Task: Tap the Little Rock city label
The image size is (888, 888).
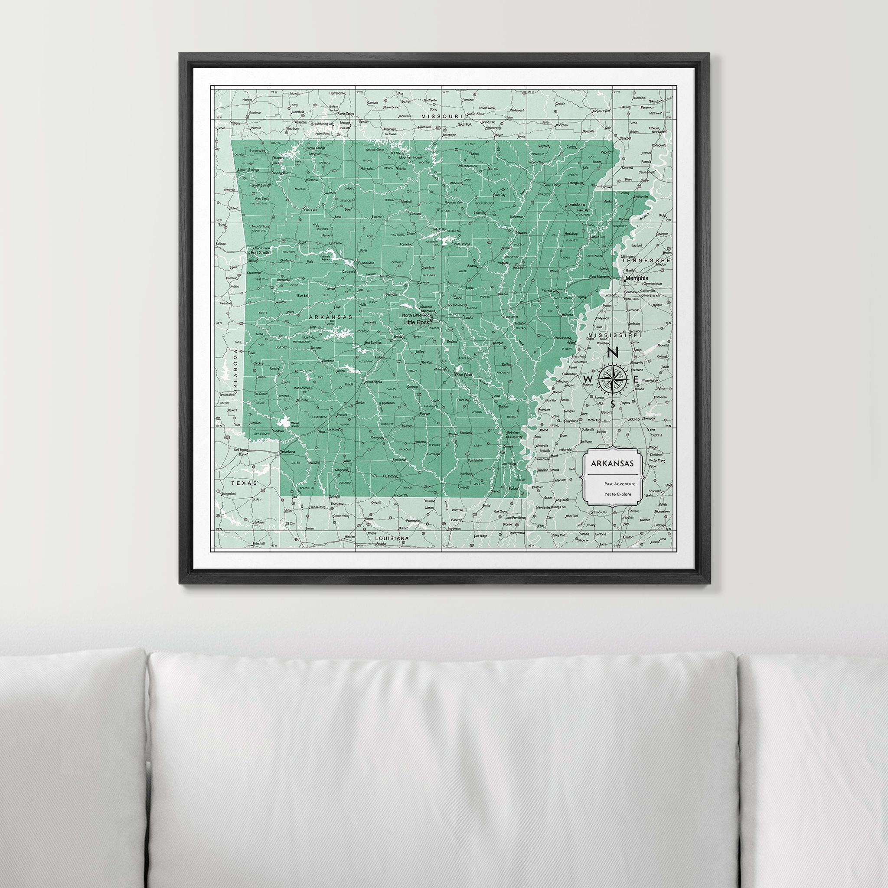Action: click(416, 322)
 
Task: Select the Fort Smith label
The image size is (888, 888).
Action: click(260, 252)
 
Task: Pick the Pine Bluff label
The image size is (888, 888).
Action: click(464, 375)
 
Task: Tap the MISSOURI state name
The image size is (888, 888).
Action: click(441, 117)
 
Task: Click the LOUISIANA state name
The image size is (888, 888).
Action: click(392, 538)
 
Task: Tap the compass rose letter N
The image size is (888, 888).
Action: click(612, 353)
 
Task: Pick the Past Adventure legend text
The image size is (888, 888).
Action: click(620, 483)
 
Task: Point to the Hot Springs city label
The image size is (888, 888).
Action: click(373, 343)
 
